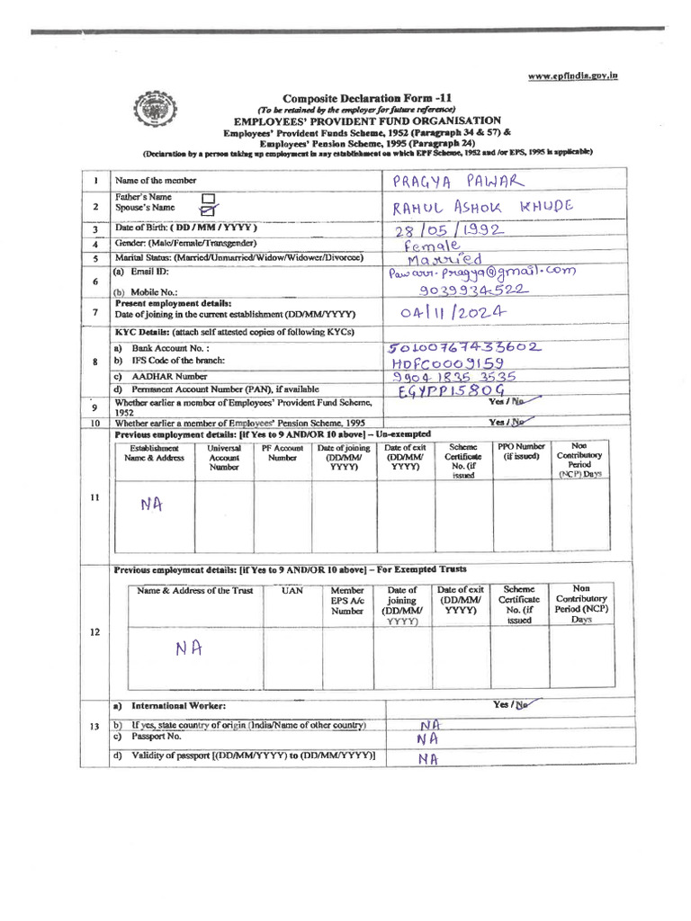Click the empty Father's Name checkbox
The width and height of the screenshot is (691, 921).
pyautogui.click(x=208, y=197)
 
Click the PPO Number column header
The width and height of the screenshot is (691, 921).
pyautogui.click(x=521, y=451)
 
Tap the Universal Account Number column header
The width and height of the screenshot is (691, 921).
pyautogui.click(x=224, y=457)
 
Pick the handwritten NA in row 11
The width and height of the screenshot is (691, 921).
pyautogui.click(x=152, y=505)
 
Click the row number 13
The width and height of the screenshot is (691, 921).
pyautogui.click(x=94, y=725)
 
